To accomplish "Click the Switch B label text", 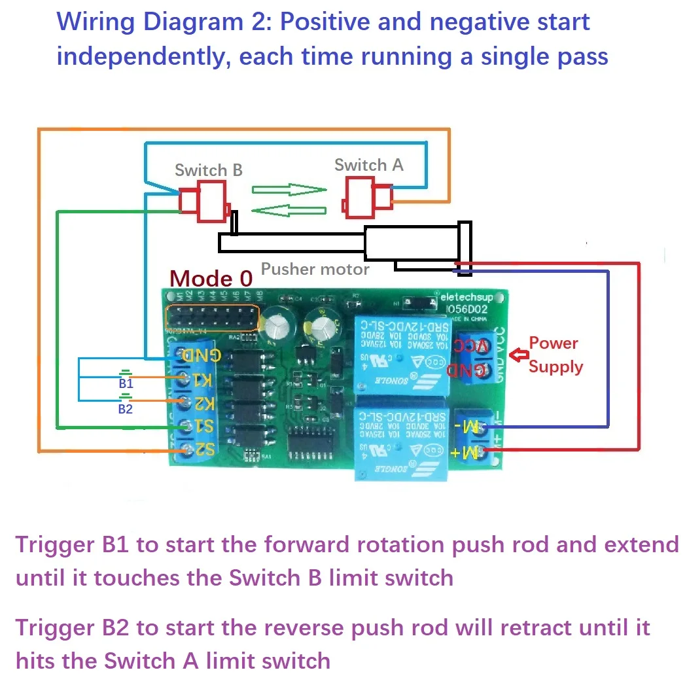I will pyautogui.click(x=208, y=170).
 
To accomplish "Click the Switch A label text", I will pyautogui.click(x=368, y=165).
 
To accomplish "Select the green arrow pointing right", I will pyautogui.click(x=289, y=190).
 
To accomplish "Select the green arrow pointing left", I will pyautogui.click(x=289, y=211).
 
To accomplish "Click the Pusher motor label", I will pyautogui.click(x=315, y=269).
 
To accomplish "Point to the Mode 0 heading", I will pyautogui.click(x=211, y=279).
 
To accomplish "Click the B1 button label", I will pyautogui.click(x=126, y=384).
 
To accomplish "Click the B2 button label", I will pyautogui.click(x=125, y=409).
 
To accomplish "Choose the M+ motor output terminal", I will pyautogui.click(x=485, y=451).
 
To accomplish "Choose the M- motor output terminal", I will pyautogui.click(x=485, y=429).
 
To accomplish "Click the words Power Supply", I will pyautogui.click(x=555, y=355).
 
